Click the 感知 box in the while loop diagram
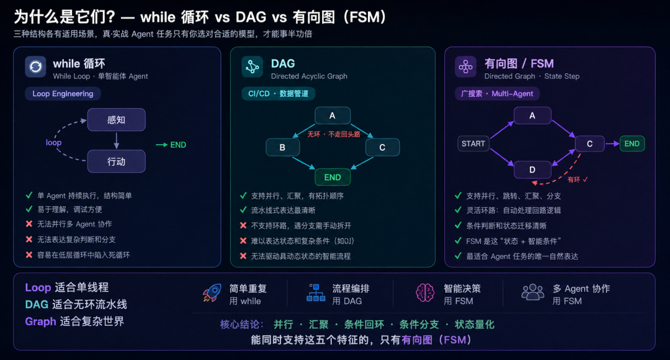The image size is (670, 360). tap(116, 120)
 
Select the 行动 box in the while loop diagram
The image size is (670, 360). tap(116, 161)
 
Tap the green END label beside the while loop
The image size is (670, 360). tap(178, 145)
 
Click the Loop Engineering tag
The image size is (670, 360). tap(63, 94)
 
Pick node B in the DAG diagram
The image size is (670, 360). tap(282, 148)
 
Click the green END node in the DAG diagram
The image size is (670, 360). tap(333, 177)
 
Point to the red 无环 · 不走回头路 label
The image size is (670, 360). tap(334, 134)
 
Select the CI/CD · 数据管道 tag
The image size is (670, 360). tap(278, 94)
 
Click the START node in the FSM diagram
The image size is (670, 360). tap(473, 143)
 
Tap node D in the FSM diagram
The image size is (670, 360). tap(532, 169)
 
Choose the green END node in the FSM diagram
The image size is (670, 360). tap(632, 143)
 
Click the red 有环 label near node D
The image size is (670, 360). tap(574, 179)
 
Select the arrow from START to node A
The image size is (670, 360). tap(502, 130)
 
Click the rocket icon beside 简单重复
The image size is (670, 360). tap(212, 293)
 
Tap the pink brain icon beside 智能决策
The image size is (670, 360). tap(425, 293)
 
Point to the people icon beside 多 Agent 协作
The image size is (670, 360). tap(532, 292)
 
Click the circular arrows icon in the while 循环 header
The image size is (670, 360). tap(35, 66)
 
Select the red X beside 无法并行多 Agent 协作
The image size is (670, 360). tap(29, 223)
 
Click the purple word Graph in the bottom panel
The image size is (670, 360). tap(40, 322)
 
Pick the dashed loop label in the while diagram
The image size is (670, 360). tap(54, 142)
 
